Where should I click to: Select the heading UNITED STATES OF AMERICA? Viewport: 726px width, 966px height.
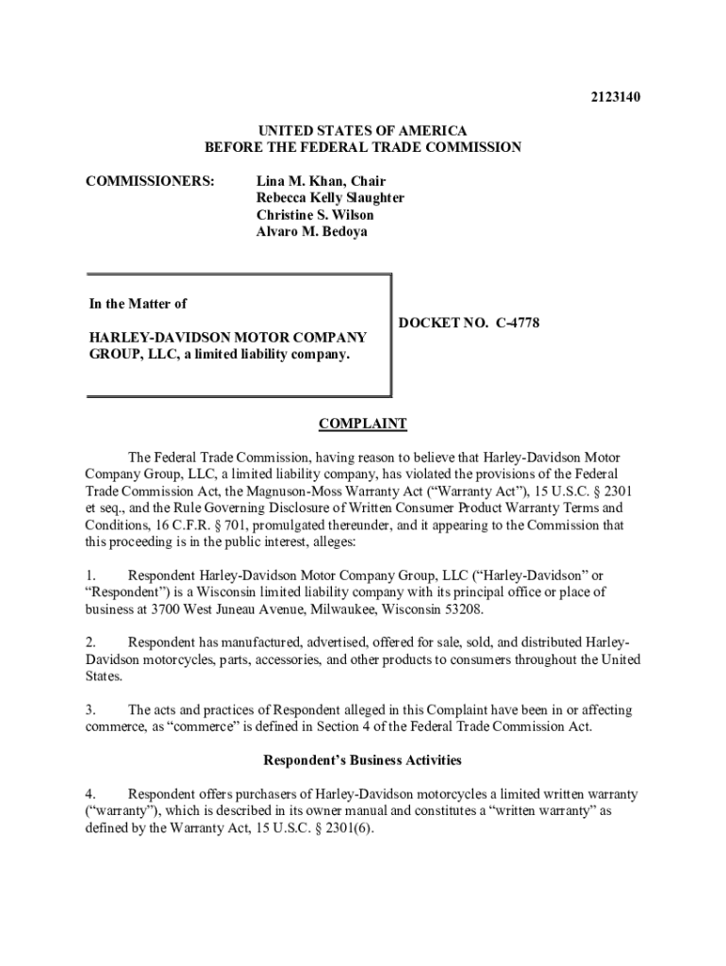[x=363, y=131]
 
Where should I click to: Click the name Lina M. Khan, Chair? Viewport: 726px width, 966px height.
[x=321, y=181]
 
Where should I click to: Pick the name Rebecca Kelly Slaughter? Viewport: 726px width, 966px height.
[x=330, y=198]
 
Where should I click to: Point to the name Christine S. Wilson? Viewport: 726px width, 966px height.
[x=315, y=215]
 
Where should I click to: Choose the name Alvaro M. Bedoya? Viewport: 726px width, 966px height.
[x=312, y=232]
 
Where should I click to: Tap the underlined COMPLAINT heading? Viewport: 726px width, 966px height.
[x=363, y=425]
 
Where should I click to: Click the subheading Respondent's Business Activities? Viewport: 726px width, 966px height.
[x=362, y=759]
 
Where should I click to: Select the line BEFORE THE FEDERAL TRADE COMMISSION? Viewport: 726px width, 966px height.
[x=363, y=148]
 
